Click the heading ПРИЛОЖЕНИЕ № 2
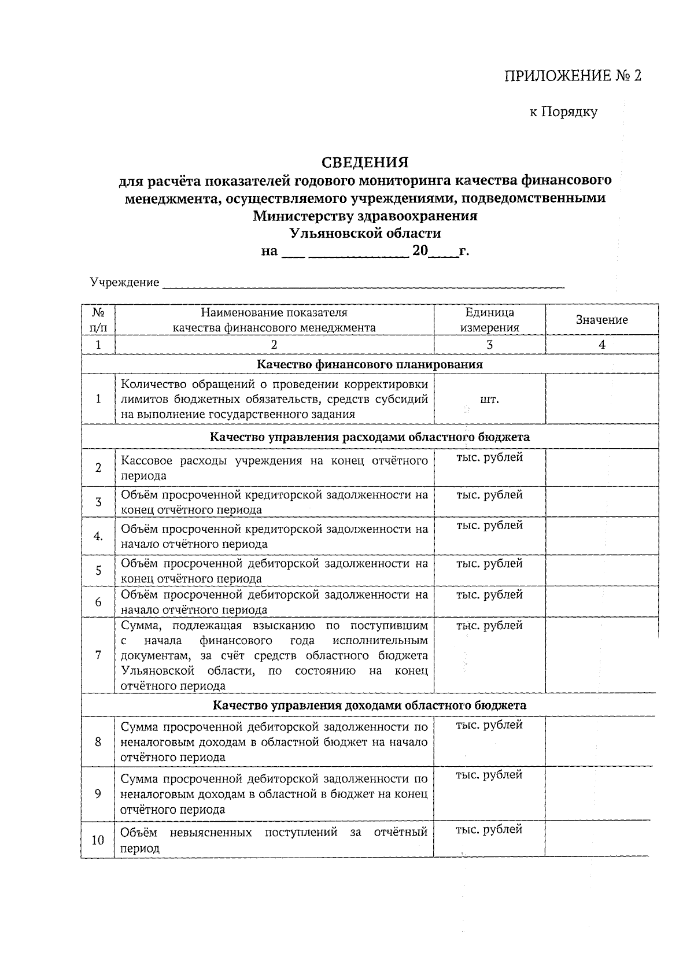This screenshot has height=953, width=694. point(573,76)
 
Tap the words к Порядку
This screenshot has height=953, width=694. point(563,112)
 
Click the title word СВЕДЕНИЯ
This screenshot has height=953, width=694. point(365,162)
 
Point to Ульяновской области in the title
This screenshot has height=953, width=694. point(365,234)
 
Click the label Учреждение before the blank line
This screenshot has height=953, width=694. point(124,282)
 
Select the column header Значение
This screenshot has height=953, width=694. point(601,320)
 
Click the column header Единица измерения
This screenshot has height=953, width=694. point(489,320)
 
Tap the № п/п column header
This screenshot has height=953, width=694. point(98,320)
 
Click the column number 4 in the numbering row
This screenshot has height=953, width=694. point(601,345)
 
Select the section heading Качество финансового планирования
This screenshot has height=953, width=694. point(370,364)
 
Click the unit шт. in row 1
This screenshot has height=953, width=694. point(489,399)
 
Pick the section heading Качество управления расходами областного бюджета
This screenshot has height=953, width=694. point(370,437)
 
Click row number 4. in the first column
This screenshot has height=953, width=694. point(98,536)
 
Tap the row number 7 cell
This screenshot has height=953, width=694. point(98,655)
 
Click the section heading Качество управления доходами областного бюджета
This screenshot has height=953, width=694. point(370,705)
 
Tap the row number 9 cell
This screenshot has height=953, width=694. point(98,794)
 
